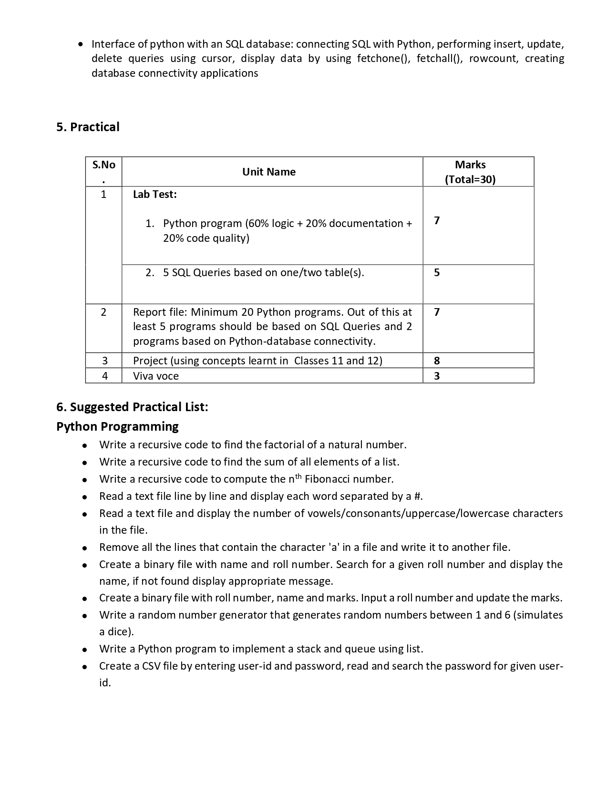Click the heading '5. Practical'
pyautogui.click(x=88, y=127)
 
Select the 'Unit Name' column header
pyautogui.click(x=268, y=172)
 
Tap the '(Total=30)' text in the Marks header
pyautogui.click(x=470, y=179)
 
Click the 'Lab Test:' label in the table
pyautogui.click(x=155, y=194)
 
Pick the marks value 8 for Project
pyautogui.click(x=437, y=361)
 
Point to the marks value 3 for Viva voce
pyautogui.click(x=437, y=376)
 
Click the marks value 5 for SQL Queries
pyautogui.click(x=437, y=272)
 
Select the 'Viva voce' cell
pyautogui.click(x=156, y=376)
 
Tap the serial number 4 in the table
pyautogui.click(x=105, y=376)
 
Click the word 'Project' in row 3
pyautogui.click(x=150, y=361)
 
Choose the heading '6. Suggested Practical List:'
pyautogui.click(x=132, y=407)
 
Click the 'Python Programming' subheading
pyautogui.click(x=117, y=426)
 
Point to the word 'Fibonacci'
pyautogui.click(x=327, y=479)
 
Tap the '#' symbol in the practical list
pyautogui.click(x=418, y=496)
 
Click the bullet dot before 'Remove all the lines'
pyautogui.click(x=84, y=548)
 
